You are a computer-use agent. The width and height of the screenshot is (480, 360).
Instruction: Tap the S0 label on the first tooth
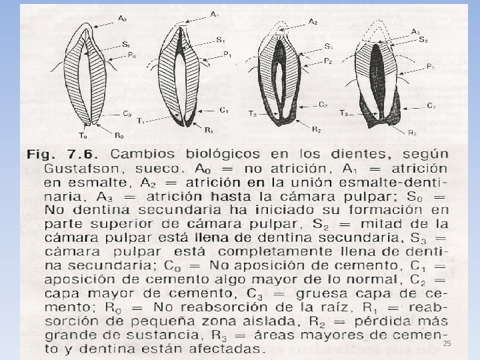coord(126,44)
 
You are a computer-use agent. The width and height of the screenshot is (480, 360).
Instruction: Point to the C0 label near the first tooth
coord(126,113)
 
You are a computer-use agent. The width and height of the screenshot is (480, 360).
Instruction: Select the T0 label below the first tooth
coord(84,134)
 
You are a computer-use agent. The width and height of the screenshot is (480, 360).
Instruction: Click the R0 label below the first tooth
coord(119,135)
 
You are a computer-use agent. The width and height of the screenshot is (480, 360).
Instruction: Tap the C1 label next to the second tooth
coord(223,109)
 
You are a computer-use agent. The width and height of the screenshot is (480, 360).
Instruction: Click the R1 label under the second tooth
coord(209,129)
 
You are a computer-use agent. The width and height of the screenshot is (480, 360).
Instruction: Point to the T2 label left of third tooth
coord(253,114)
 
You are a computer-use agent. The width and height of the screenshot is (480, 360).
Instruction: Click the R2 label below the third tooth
coord(316,129)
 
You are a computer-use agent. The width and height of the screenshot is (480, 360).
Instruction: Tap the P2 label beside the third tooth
coord(327,61)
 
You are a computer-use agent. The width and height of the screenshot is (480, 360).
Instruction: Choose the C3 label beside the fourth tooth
coord(431,105)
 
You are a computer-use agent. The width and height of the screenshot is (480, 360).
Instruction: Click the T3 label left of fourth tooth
coord(343,112)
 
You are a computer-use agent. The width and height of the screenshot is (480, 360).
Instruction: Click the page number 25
coord(447,342)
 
